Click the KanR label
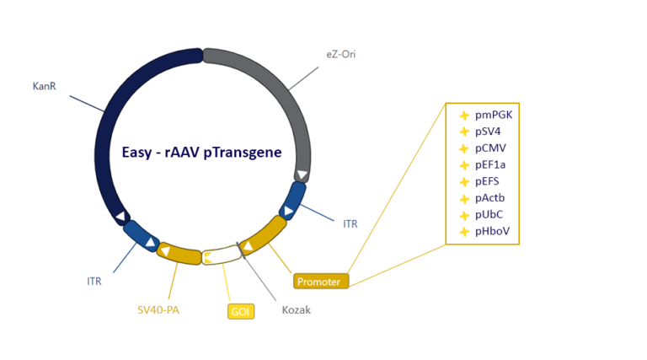click(44, 86)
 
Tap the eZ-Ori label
click(341, 55)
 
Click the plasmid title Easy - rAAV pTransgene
click(201, 153)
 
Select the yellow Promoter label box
click(320, 282)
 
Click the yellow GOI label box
click(240, 311)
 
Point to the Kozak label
click(296, 309)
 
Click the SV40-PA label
click(158, 309)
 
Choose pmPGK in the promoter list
click(493, 116)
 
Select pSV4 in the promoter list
click(489, 132)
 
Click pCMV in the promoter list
click(490, 148)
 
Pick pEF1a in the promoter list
click(490, 165)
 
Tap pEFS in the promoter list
click(488, 181)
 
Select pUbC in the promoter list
click(489, 215)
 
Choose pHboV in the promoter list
click(492, 231)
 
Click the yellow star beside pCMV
click(463, 149)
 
